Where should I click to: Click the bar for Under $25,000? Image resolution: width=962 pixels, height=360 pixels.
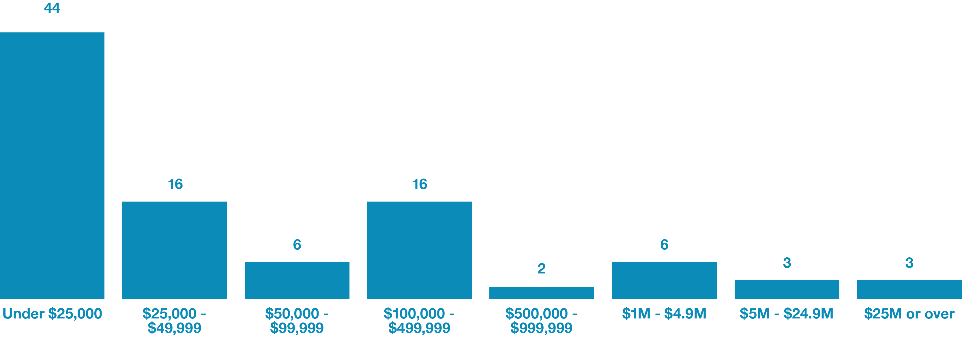click(52, 166)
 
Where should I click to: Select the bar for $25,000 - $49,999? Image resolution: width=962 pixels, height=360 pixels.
click(174, 250)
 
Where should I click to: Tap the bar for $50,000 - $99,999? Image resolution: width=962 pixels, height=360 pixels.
click(297, 280)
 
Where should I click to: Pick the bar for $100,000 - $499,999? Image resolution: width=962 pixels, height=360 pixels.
click(419, 250)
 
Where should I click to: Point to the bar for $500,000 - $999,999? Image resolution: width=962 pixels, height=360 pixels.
click(542, 293)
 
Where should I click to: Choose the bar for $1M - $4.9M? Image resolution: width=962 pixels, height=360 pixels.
click(664, 280)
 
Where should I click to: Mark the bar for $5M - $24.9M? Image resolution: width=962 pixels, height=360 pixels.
click(787, 289)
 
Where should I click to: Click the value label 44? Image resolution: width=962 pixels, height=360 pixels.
click(52, 8)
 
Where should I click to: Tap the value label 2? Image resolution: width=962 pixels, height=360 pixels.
click(542, 269)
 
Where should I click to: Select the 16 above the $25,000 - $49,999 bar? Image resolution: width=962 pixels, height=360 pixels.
click(175, 184)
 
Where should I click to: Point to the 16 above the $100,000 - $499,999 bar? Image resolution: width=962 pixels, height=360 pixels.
click(419, 184)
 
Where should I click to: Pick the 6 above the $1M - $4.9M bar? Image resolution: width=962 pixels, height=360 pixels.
click(664, 245)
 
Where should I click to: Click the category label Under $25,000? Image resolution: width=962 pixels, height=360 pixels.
click(52, 314)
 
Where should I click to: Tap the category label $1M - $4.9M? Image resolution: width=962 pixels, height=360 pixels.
click(664, 314)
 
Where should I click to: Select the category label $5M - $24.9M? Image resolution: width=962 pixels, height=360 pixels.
click(787, 314)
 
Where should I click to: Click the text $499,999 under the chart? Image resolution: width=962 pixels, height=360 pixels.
click(419, 328)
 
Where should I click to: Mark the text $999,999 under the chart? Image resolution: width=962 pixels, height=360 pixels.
click(542, 328)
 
